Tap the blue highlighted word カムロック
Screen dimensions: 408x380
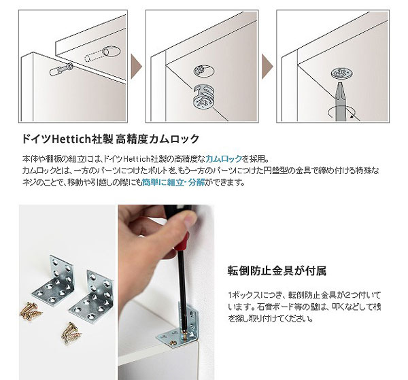point(224,158)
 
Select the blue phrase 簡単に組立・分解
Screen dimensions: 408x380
point(173,182)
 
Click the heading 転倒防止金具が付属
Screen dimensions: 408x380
point(277,271)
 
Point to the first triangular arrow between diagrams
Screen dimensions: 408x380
point(136,67)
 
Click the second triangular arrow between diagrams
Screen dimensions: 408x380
point(267,67)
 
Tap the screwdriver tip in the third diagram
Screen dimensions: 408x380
point(340,84)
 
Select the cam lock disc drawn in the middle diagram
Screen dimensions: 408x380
point(204,97)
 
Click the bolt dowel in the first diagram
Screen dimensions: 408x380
point(62,69)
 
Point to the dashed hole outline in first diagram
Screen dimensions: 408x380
point(102,54)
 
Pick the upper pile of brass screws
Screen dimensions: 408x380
point(31,310)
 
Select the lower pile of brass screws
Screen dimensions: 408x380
point(71,334)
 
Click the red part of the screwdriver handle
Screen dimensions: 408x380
point(182,243)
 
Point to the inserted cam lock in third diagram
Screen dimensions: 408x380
point(343,73)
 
